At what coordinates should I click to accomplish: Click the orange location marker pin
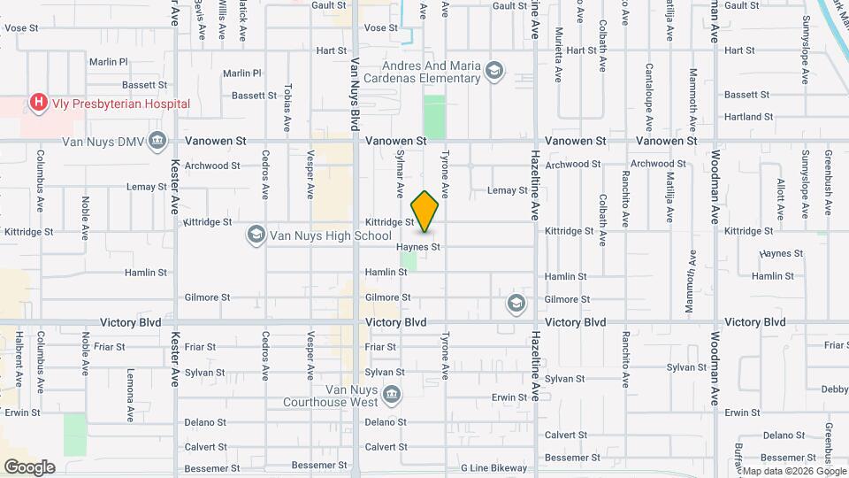(425, 212)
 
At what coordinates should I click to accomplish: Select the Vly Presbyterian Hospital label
(119, 104)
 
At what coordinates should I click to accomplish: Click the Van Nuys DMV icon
(157, 140)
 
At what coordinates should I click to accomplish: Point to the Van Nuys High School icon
(256, 235)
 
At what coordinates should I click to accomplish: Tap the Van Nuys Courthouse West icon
(392, 393)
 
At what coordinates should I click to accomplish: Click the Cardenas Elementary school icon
(495, 70)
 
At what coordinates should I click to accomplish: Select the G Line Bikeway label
(493, 468)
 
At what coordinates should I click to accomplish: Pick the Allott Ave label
(780, 193)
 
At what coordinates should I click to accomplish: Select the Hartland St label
(748, 117)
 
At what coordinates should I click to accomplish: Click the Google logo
(29, 467)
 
